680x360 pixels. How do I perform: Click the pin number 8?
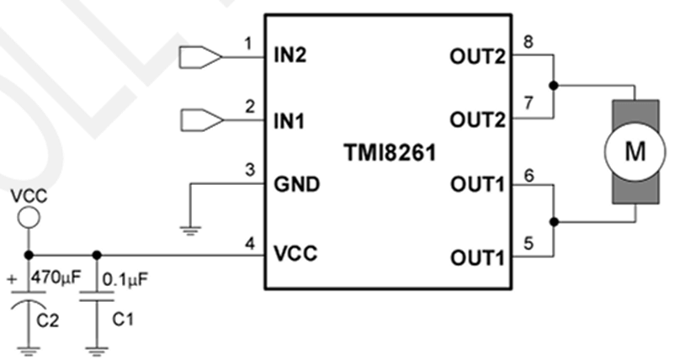tap(528, 41)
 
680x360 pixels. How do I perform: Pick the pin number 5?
tap(528, 243)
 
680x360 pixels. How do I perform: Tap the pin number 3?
tap(248, 171)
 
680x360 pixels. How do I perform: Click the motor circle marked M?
tap(635, 152)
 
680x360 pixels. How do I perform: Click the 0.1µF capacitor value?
tap(124, 277)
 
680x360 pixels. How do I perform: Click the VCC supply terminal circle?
tap(28, 219)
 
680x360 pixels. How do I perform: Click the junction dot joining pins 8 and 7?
tap(553, 86)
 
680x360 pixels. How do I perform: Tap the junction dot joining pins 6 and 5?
tap(553, 222)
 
